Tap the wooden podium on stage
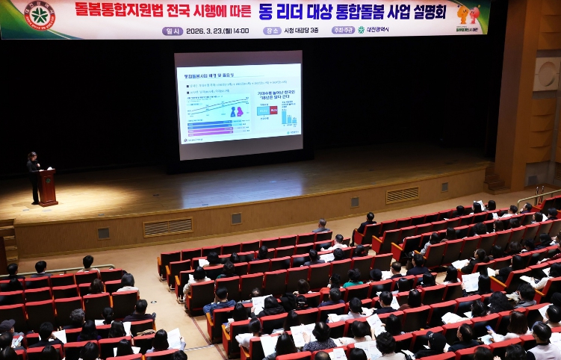click(x=48, y=187)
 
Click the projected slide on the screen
click(x=239, y=104)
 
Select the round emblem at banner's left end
click(x=39, y=16)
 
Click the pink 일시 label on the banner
click(x=173, y=31)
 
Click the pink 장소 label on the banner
click(x=272, y=31)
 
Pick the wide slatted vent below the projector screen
click(x=167, y=227)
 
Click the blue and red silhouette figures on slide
click(x=237, y=111)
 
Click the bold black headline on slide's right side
click(x=277, y=96)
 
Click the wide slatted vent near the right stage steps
click(x=403, y=195)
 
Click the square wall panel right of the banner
click(x=547, y=73)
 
